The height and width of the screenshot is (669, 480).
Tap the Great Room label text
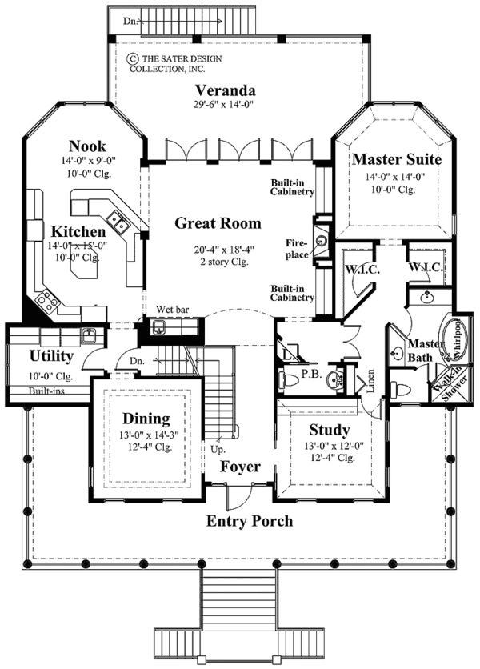(x=218, y=223)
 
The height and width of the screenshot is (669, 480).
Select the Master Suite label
(x=397, y=159)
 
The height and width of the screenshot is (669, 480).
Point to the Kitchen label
(x=80, y=231)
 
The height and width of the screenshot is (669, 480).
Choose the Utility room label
(x=52, y=355)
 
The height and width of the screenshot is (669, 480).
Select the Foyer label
(x=240, y=466)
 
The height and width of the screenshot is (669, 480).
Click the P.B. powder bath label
(x=310, y=372)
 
